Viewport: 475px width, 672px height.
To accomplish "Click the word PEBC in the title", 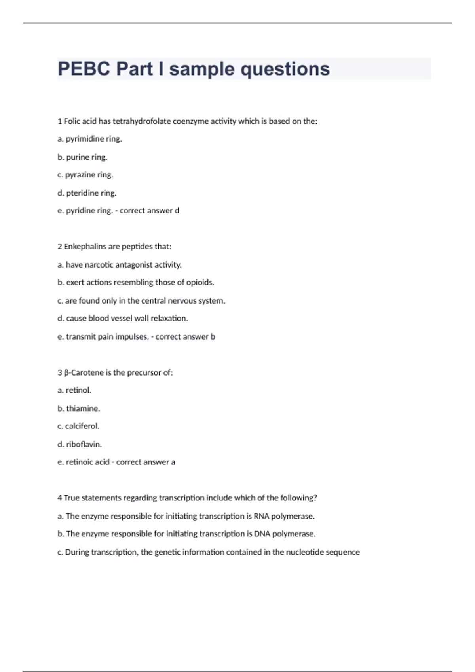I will coord(84,69).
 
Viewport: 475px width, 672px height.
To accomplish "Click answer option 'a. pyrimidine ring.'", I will coord(90,139).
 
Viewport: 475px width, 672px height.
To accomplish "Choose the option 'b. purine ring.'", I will coord(82,157).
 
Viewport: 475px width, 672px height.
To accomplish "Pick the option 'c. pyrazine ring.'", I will coord(85,175).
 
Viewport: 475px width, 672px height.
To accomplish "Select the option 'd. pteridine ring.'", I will coord(87,193).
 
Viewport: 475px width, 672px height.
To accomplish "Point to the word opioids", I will coord(200,283).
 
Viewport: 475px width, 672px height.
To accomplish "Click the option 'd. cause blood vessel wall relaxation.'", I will coord(123,318).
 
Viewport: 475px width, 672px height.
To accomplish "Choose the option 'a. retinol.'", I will coord(74,390).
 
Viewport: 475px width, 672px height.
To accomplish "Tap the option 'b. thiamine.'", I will coord(79,408).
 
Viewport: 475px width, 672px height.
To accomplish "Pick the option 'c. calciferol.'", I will coord(78,426).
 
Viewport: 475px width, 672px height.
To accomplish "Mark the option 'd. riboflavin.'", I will coord(80,444).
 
